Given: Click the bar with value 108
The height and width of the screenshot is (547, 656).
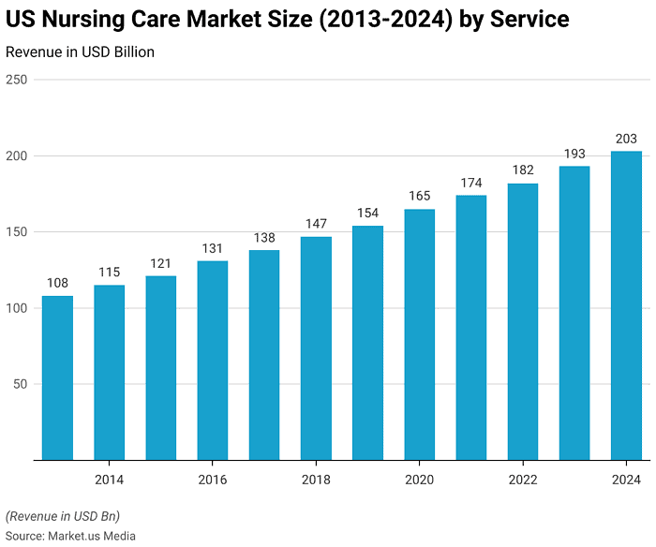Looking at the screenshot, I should tap(57, 377).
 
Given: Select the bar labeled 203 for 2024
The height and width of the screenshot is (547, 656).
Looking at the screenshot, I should tap(626, 305).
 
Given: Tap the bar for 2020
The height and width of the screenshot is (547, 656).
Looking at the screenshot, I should tap(419, 334).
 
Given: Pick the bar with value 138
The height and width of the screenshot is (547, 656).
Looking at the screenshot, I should tap(264, 355).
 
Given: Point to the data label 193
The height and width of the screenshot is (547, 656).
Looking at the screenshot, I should tap(574, 154).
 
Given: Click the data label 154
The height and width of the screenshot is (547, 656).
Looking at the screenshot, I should tap(367, 214).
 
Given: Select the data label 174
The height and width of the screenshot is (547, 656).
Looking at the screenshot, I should tap(471, 183).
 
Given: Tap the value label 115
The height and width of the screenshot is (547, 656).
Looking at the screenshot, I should tap(109, 273).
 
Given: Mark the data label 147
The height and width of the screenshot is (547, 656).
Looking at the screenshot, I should tap(316, 224).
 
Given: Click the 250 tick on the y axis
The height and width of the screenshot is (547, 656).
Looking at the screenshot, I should tap(16, 80).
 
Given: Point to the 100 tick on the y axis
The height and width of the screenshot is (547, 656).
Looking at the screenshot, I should tap(16, 308).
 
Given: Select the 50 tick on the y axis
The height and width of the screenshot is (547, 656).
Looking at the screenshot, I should tap(20, 384).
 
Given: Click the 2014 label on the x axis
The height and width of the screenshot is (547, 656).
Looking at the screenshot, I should tap(109, 479).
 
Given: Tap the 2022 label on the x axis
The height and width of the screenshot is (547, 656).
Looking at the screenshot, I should tap(523, 479).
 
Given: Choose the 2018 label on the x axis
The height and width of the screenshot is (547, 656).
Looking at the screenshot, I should tap(316, 479).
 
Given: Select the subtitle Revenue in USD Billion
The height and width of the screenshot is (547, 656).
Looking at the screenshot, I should tap(80, 52).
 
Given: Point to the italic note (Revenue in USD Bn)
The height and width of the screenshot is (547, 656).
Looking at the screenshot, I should tap(63, 516).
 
